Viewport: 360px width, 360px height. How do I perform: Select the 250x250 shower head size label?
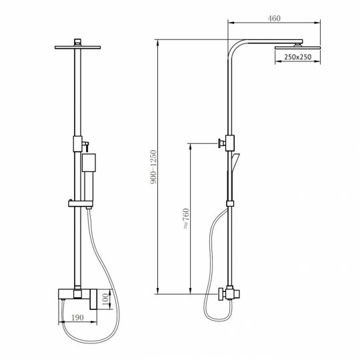(297, 58)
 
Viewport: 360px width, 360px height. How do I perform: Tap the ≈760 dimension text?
(186, 219)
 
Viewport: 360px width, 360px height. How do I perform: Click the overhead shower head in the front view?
(80, 45)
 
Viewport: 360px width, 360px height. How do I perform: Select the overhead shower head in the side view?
(297, 47)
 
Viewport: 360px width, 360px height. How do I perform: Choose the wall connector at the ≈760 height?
(224, 142)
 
